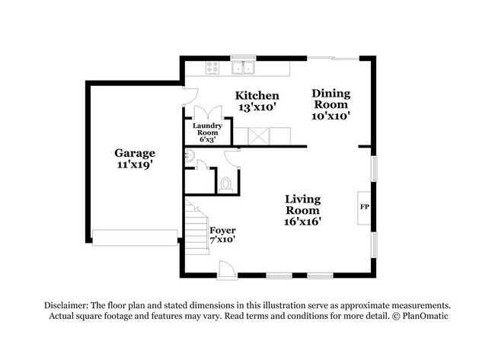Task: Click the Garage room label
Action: (135, 153)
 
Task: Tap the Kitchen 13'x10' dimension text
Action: (257, 107)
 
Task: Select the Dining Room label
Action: (331, 99)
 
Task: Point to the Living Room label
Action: (303, 205)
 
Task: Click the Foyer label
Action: (222, 231)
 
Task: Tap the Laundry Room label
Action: (207, 129)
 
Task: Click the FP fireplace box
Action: (364, 208)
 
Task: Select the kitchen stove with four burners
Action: (212, 68)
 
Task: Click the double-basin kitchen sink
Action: (243, 68)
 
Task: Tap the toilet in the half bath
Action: (225, 185)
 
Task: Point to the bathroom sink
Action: (190, 156)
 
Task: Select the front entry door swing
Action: (228, 270)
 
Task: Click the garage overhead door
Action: (135, 237)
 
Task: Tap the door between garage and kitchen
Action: (190, 96)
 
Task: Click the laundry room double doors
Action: (208, 113)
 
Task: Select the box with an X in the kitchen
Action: (258, 136)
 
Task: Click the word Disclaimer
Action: (66, 305)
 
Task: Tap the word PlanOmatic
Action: (425, 316)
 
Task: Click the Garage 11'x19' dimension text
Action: (135, 164)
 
